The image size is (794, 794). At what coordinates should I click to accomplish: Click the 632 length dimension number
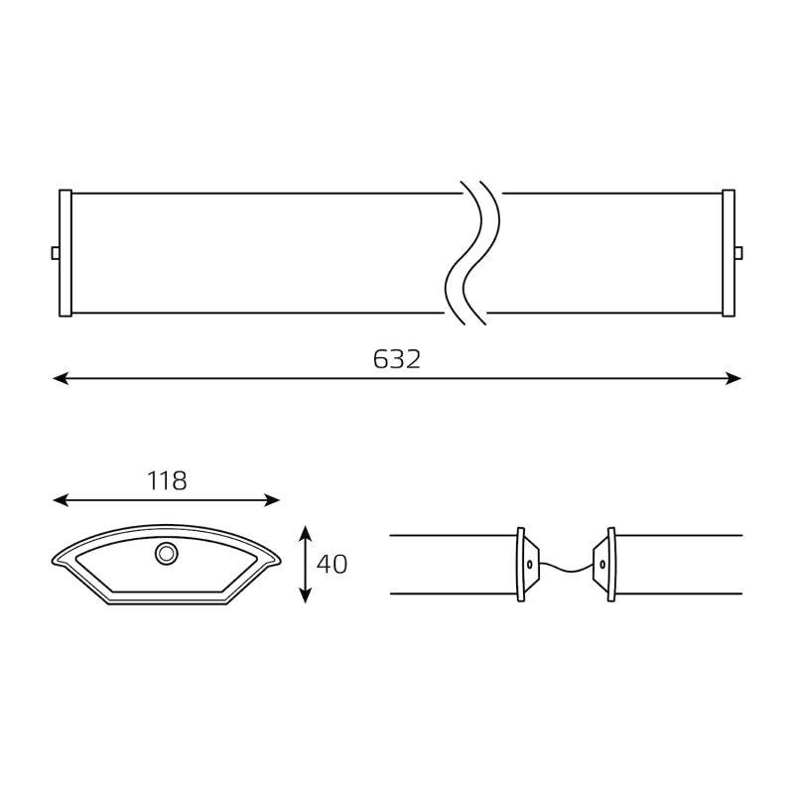pyautogui.click(x=396, y=359)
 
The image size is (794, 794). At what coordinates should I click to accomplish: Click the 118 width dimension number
pyautogui.click(x=167, y=480)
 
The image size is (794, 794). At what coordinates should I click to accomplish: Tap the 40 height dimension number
pyautogui.click(x=331, y=564)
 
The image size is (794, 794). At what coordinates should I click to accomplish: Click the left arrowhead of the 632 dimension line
pyautogui.click(x=61, y=378)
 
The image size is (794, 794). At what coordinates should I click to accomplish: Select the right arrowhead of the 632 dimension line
pyautogui.click(x=733, y=378)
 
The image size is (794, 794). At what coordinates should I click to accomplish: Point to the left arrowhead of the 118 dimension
pyautogui.click(x=61, y=500)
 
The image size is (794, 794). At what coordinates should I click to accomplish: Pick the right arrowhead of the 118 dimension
pyautogui.click(x=272, y=500)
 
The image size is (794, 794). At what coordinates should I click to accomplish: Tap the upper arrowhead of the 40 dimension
pyautogui.click(x=305, y=534)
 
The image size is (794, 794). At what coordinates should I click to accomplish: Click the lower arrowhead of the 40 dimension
pyautogui.click(x=305, y=595)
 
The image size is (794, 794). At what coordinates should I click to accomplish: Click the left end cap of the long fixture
pyautogui.click(x=66, y=253)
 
